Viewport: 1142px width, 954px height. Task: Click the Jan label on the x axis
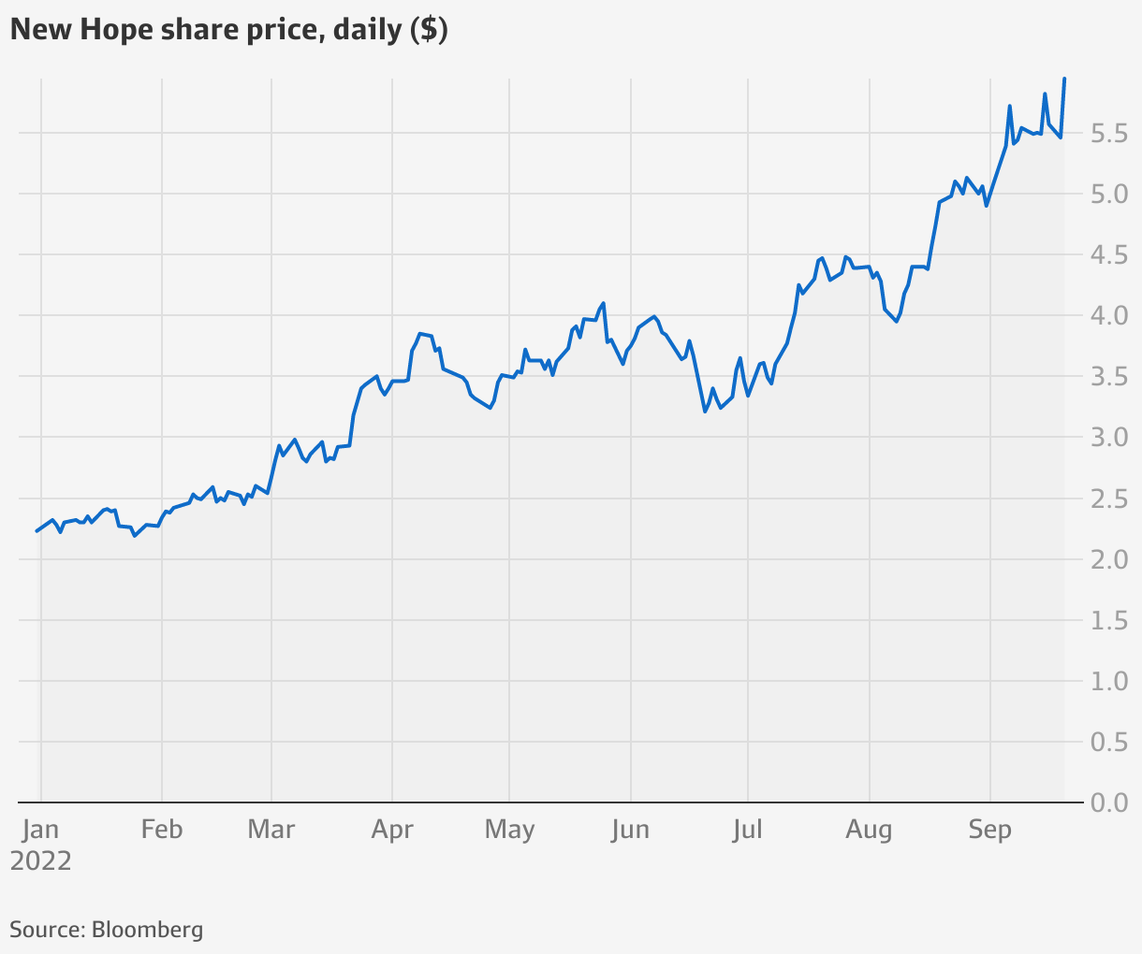point(40,830)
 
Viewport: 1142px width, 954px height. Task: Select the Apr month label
point(392,830)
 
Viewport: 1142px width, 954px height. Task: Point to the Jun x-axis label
point(630,830)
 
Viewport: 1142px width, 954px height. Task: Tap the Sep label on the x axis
point(989,830)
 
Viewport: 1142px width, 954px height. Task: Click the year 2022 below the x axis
point(40,860)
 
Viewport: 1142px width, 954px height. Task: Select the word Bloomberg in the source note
point(147,930)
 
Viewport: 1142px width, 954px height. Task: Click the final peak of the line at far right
point(1064,79)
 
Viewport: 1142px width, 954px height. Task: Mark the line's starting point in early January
point(37,531)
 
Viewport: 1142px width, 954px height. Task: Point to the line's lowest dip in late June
point(705,412)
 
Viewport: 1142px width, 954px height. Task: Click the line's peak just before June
point(603,303)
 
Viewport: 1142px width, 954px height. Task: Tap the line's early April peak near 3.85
point(420,333)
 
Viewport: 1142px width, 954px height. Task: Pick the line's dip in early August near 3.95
point(896,322)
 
